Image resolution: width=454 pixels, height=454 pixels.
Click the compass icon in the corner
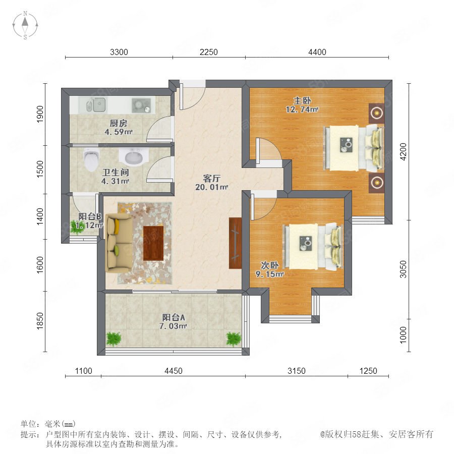click(25, 25)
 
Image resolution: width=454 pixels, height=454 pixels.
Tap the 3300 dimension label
click(119, 52)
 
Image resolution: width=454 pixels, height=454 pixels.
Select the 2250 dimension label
click(209, 52)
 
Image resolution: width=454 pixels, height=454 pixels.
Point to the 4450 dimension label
click(174, 371)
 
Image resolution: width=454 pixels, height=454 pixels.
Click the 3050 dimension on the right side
click(404, 269)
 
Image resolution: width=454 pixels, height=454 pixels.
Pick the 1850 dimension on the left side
click(40, 321)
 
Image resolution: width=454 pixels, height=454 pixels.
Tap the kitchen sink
click(97, 104)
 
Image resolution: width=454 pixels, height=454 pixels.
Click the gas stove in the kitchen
click(141, 105)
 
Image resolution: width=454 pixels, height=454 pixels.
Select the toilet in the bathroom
click(91, 160)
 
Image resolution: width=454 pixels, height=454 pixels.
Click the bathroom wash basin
click(134, 157)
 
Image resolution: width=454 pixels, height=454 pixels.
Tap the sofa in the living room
click(119, 243)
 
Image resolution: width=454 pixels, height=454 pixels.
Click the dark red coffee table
click(153, 243)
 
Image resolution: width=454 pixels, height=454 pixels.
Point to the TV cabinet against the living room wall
click(235, 243)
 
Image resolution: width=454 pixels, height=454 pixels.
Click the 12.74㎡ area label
click(302, 110)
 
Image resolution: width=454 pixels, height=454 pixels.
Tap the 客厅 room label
click(212, 179)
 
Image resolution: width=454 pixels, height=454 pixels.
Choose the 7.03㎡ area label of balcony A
click(173, 326)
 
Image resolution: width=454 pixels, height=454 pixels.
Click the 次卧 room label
click(269, 265)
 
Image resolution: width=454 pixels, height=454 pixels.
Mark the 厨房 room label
click(119, 124)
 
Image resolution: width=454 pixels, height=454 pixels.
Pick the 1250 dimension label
click(368, 371)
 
